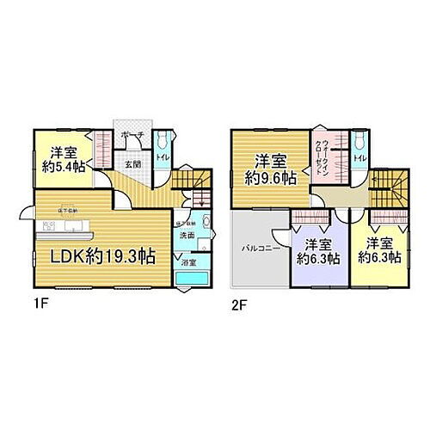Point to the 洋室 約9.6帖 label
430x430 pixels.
coord(269,168)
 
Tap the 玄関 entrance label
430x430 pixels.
coord(132,163)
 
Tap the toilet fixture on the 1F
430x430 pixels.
coord(163,141)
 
